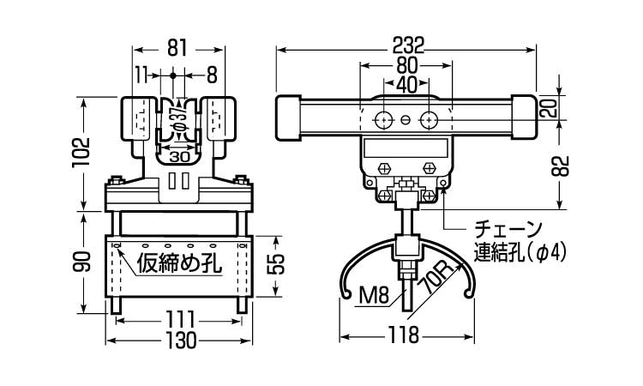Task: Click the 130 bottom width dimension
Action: [x=180, y=341]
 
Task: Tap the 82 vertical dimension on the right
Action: [x=561, y=166]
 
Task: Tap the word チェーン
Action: [x=508, y=230]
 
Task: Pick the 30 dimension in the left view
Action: [x=180, y=157]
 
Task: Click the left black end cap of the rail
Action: [x=286, y=118]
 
